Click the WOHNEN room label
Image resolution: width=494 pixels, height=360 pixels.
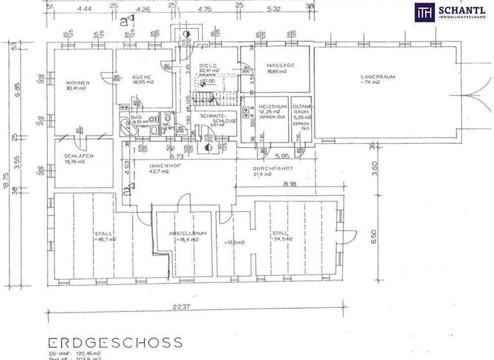(x=77, y=83)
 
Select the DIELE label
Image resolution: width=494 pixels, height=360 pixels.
(x=207, y=66)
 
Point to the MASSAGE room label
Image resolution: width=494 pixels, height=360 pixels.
(x=280, y=66)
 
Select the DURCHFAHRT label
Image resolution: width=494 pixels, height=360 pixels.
(x=273, y=168)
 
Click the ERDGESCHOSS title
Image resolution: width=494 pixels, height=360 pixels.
(x=115, y=342)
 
